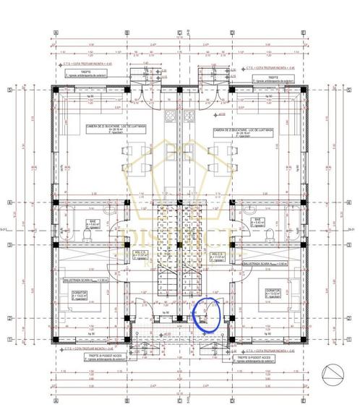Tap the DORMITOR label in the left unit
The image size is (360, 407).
click(80, 292)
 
